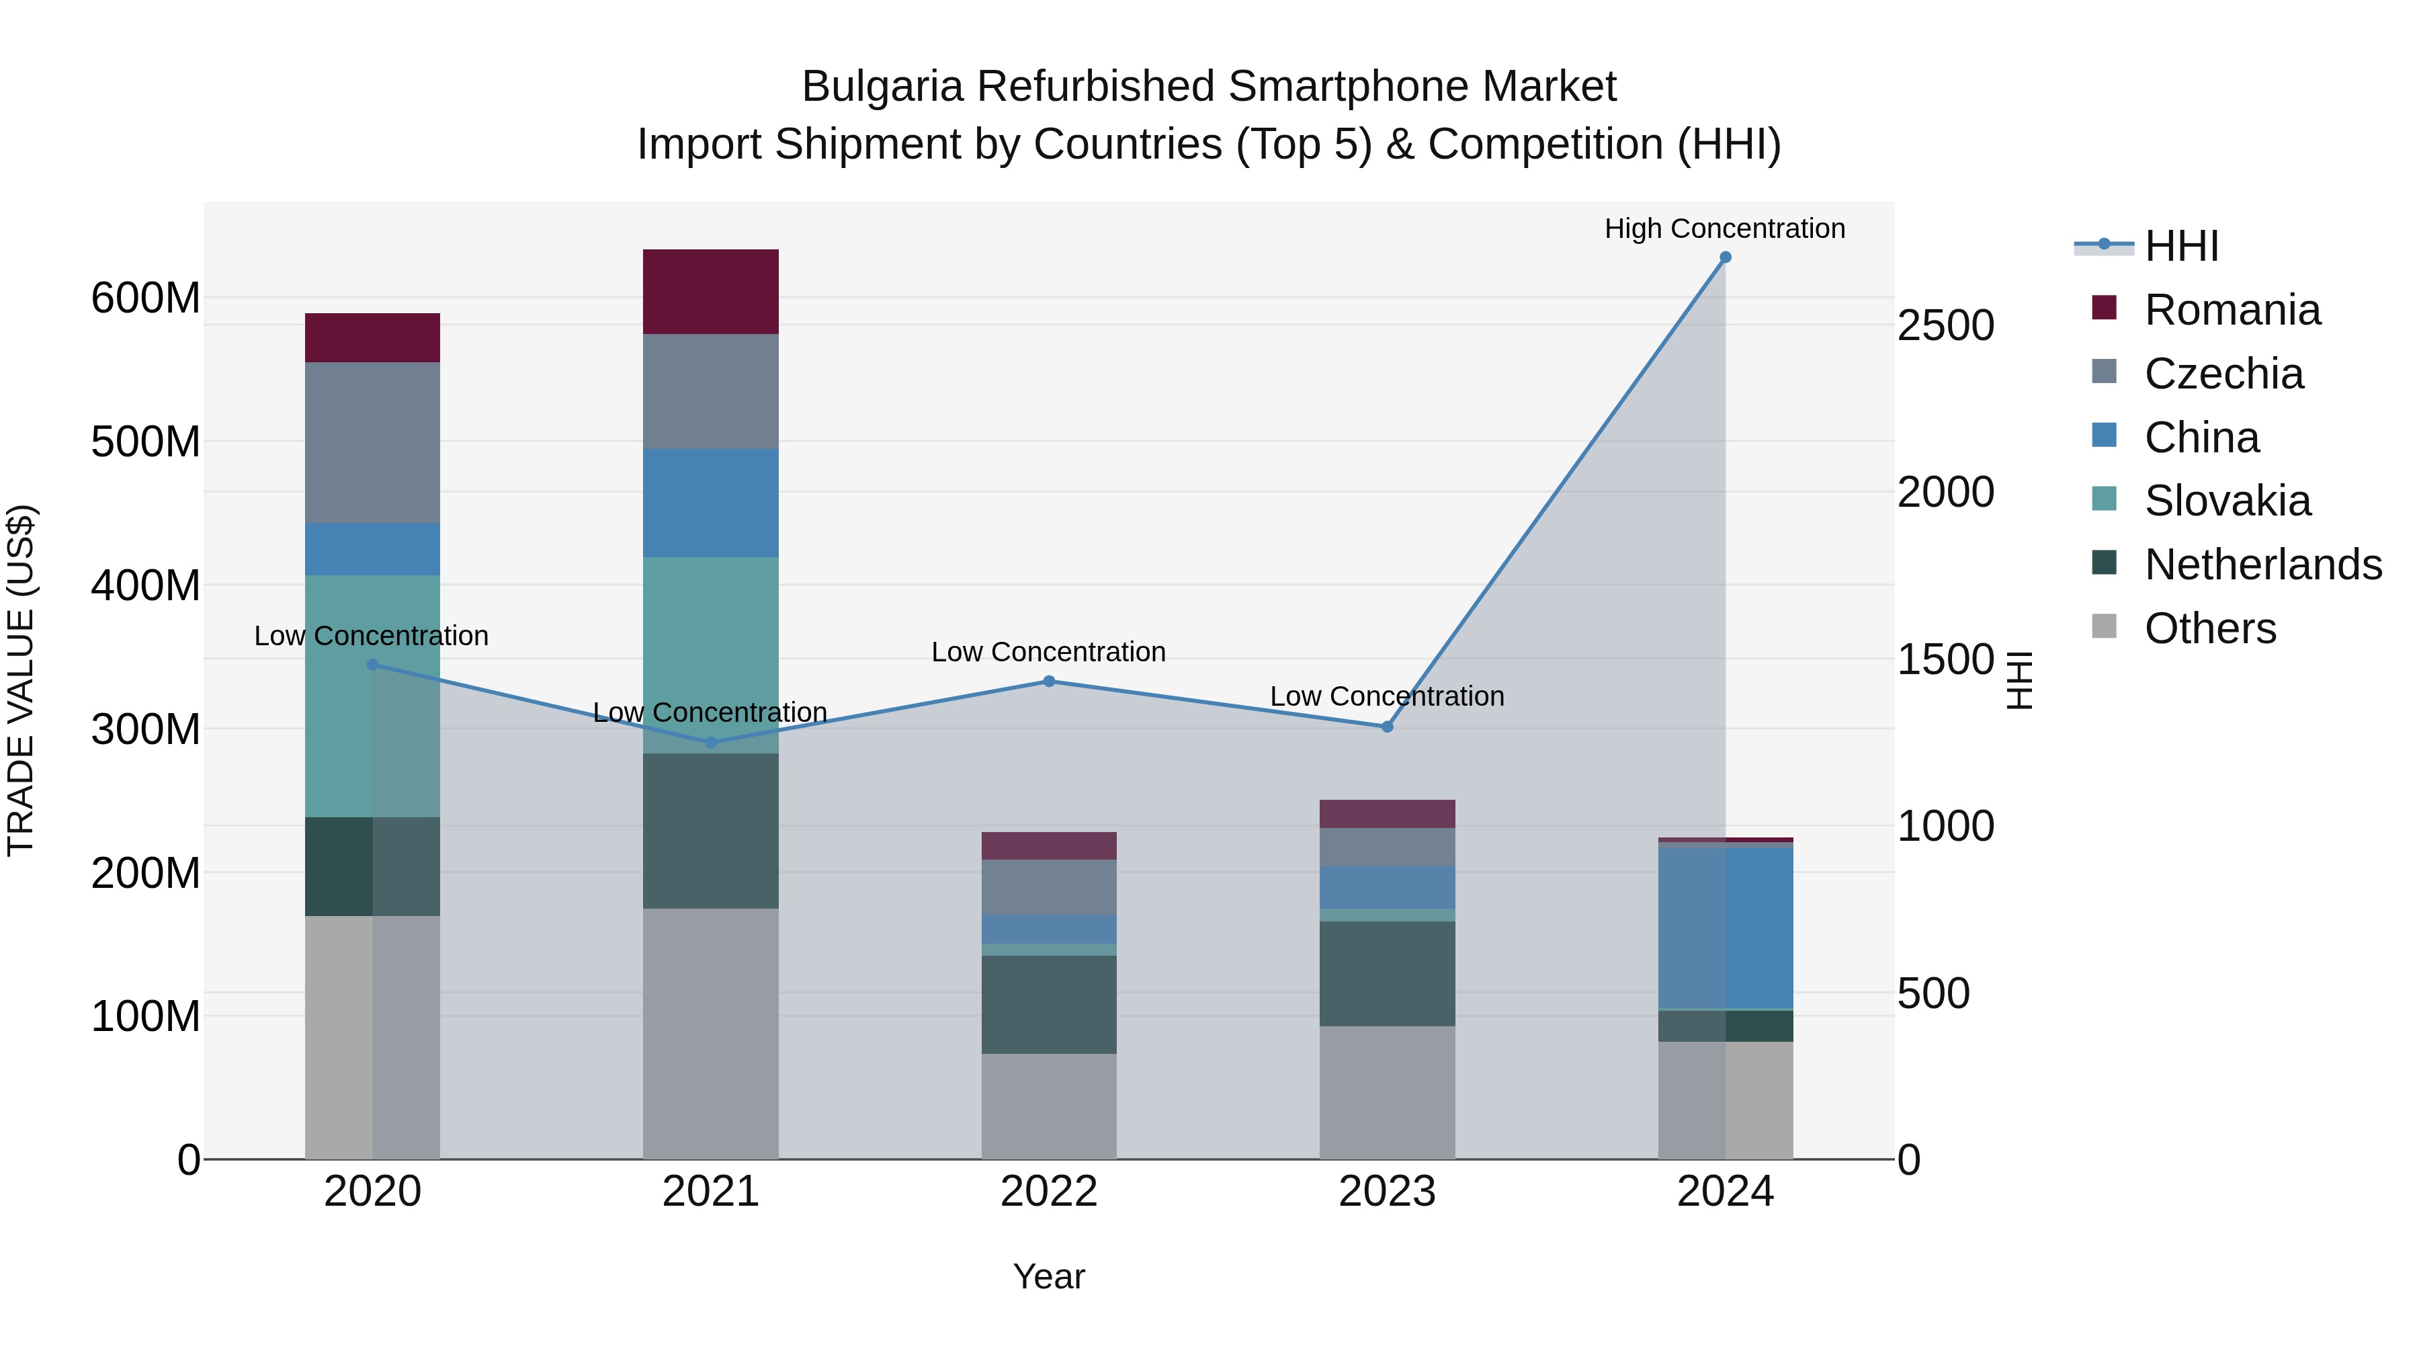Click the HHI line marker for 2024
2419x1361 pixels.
tap(1725, 257)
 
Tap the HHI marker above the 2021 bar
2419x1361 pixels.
tap(711, 742)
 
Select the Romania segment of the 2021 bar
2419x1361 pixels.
tap(711, 291)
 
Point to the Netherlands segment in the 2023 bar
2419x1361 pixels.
tap(1387, 973)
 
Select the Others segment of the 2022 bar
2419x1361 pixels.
tap(1049, 1106)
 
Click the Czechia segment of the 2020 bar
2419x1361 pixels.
tap(373, 442)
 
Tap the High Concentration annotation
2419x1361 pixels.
tap(1724, 229)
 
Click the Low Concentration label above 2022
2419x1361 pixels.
tap(1048, 652)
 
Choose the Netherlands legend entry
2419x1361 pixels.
tap(2263, 565)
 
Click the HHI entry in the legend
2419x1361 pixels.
tap(2181, 246)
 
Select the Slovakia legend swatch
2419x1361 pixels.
tap(2105, 499)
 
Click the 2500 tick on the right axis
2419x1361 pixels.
tap(1946, 326)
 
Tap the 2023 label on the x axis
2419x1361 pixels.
tap(1387, 1192)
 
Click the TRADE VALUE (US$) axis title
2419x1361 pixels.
tap(21, 680)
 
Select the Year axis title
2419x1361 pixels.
tap(1049, 1276)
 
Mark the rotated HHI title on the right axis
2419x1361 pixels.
tap(2019, 680)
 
